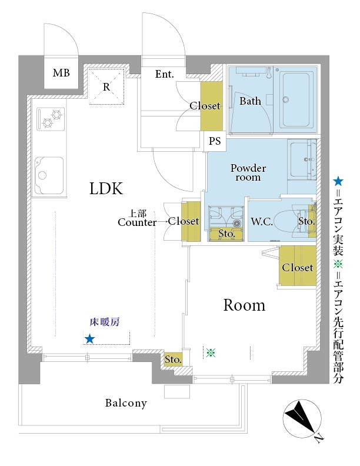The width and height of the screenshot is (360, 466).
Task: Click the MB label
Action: tap(61, 73)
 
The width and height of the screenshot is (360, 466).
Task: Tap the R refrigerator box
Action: tap(106, 86)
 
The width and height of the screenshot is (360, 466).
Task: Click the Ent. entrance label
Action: tap(165, 74)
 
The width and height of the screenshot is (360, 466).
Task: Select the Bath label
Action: tap(250, 101)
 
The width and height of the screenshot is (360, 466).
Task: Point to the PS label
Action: tap(215, 141)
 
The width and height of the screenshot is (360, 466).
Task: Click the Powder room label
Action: tap(248, 172)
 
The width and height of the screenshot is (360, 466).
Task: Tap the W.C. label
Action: tap(262, 222)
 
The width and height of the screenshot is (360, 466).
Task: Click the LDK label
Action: tap(106, 189)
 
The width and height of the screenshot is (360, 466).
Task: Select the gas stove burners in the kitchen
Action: tap(50, 119)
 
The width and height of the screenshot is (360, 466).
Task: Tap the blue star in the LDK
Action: tap(89, 338)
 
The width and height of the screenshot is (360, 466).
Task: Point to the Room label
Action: tap(244, 305)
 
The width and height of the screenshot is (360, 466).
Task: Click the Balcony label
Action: tap(126, 404)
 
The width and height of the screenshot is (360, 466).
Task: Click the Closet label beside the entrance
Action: tap(205, 106)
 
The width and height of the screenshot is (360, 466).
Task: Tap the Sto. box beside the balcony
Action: tap(173, 360)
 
